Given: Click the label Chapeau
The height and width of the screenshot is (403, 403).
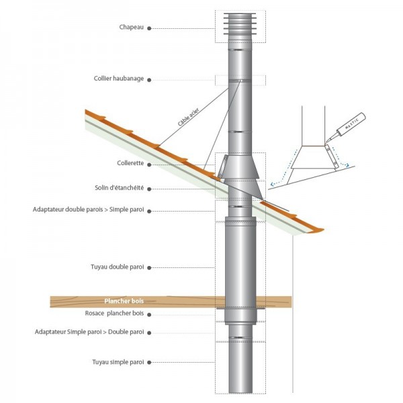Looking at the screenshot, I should (131, 28).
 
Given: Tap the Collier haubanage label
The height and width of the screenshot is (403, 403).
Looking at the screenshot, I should (119, 79).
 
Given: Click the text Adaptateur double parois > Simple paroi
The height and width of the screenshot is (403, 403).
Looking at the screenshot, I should (88, 210).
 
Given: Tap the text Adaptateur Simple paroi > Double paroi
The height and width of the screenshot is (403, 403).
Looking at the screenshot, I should (88, 332).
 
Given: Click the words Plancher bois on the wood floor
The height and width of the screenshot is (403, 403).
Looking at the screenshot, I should (124, 302).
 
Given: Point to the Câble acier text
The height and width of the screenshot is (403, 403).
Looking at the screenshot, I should (189, 121).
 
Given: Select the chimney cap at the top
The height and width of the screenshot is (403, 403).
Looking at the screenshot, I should (240, 27).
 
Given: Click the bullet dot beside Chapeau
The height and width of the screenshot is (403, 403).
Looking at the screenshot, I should (149, 29).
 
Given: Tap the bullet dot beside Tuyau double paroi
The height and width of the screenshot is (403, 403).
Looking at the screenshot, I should (149, 268).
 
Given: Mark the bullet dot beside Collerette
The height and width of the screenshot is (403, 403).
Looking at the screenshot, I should (149, 163).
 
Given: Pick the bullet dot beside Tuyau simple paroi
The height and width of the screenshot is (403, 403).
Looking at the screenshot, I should (149, 363).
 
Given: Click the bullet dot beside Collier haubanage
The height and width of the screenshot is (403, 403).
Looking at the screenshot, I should (149, 80).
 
